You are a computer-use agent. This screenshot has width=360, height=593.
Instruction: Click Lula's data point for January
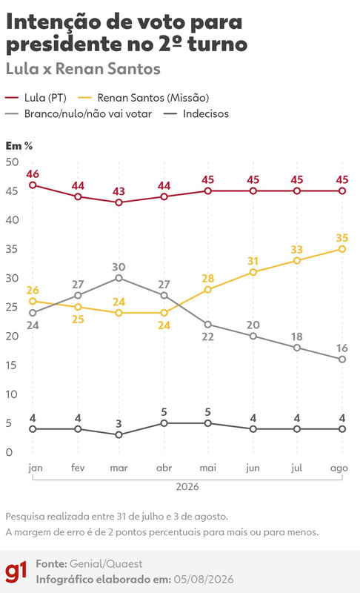coord(33,185)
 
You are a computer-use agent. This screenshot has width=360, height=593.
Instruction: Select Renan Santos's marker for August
coord(342,249)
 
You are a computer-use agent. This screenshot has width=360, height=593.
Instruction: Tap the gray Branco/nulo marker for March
coord(119,278)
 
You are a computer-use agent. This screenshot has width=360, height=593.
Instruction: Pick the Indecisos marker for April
coord(164,423)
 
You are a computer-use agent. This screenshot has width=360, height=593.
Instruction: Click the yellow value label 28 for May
coord(207,279)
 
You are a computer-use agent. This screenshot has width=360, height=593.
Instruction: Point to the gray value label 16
coord(342,348)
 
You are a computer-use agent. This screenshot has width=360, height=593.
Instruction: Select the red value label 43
coord(119,191)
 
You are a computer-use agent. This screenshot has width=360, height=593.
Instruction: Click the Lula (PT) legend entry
coord(36,98)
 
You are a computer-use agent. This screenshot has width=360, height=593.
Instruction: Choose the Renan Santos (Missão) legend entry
coord(144,98)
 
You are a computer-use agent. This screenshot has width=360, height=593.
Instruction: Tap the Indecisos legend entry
coord(196,114)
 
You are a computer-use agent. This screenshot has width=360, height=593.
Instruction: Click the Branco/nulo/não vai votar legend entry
coord(79,114)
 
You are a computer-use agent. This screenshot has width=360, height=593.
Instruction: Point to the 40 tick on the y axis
coord(12,219)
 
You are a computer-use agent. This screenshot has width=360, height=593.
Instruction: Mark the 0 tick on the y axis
coord(9,452)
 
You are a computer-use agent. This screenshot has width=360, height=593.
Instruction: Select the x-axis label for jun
coord(253,468)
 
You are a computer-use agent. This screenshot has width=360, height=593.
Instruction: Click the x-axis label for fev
coord(78,468)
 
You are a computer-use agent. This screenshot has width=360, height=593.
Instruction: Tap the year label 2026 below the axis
coord(187,486)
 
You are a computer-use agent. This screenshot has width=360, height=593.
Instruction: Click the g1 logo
coord(16,572)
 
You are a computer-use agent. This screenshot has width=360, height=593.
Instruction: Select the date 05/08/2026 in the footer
coord(204,580)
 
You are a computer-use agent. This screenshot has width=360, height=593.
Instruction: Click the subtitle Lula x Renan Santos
coord(83,69)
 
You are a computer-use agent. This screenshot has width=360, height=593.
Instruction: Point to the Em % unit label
coord(19,145)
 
